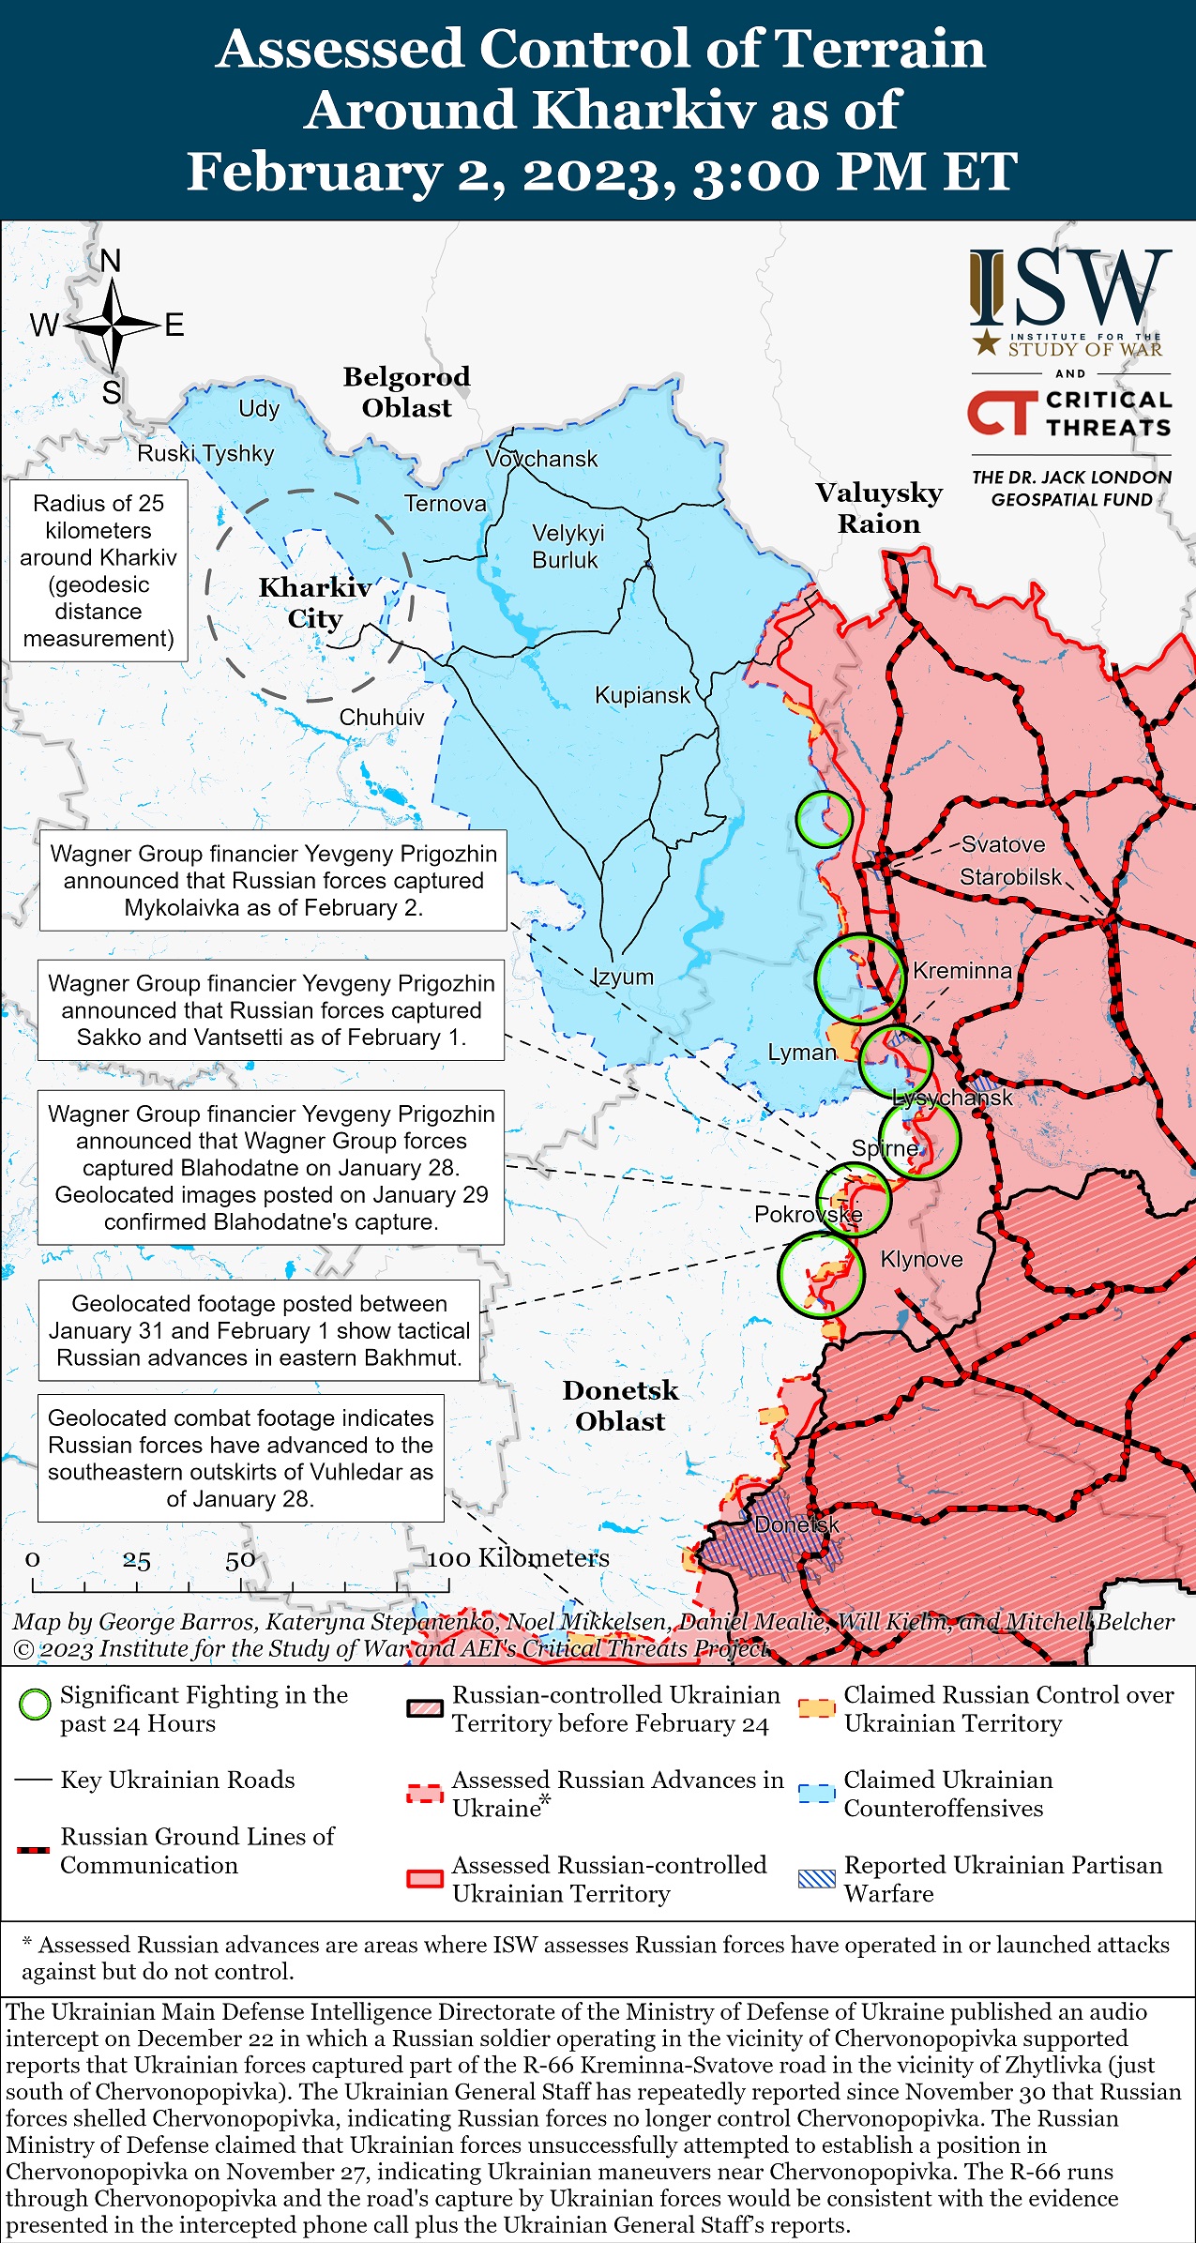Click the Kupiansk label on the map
point(643,695)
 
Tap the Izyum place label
point(623,977)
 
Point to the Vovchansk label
point(541,459)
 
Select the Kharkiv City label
point(314,602)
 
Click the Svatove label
point(1003,844)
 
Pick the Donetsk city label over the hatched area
point(796,1524)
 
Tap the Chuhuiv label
point(382,718)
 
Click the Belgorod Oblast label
point(406,392)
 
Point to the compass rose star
point(112,326)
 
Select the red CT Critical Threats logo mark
point(1003,414)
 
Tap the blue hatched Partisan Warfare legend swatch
point(816,1878)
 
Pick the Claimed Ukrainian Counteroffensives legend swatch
point(816,1793)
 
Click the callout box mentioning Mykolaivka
point(273,880)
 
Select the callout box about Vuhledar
point(240,1458)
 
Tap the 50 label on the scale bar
point(240,1560)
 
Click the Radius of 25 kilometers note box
point(98,570)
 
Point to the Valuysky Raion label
point(879,508)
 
